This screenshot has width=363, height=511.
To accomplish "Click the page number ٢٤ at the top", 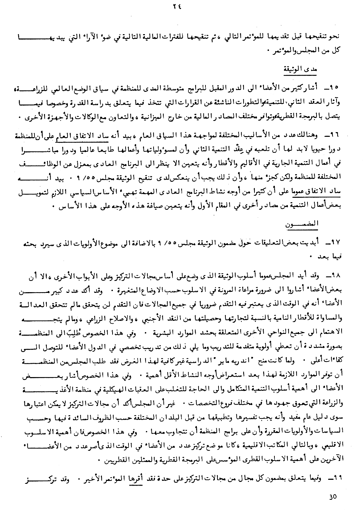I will coord(181,7).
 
